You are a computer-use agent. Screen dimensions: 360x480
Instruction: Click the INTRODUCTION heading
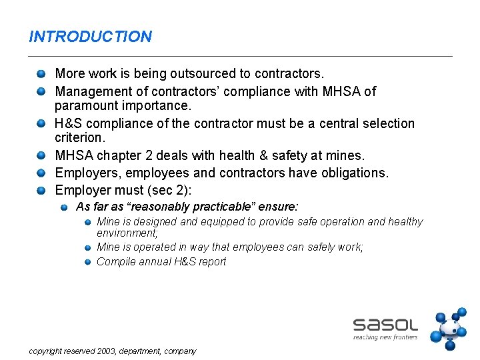click(91, 37)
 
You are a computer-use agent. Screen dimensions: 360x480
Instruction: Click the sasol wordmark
click(385, 325)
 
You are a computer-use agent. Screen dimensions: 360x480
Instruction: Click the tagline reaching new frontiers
click(385, 337)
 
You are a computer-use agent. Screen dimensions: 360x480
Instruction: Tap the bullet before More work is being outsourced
click(41, 73)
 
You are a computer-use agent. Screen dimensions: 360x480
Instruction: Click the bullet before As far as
click(64, 208)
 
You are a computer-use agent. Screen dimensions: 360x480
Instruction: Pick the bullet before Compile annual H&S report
click(87, 262)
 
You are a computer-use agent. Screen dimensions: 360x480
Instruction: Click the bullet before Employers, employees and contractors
click(41, 173)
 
